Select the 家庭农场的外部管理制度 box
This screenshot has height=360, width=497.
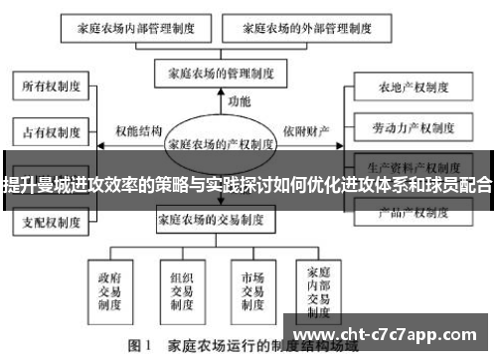pyautogui.click(x=298, y=29)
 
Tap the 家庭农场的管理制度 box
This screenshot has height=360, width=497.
pyautogui.click(x=222, y=74)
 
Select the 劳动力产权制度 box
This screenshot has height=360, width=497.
pyautogui.click(x=412, y=128)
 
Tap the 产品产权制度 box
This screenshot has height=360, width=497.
pyautogui.click(x=412, y=212)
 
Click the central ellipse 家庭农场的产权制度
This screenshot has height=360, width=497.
pyautogui.click(x=222, y=142)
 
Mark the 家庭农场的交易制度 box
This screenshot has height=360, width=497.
pyautogui.click(x=222, y=218)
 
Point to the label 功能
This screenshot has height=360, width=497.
pyautogui.click(x=239, y=102)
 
